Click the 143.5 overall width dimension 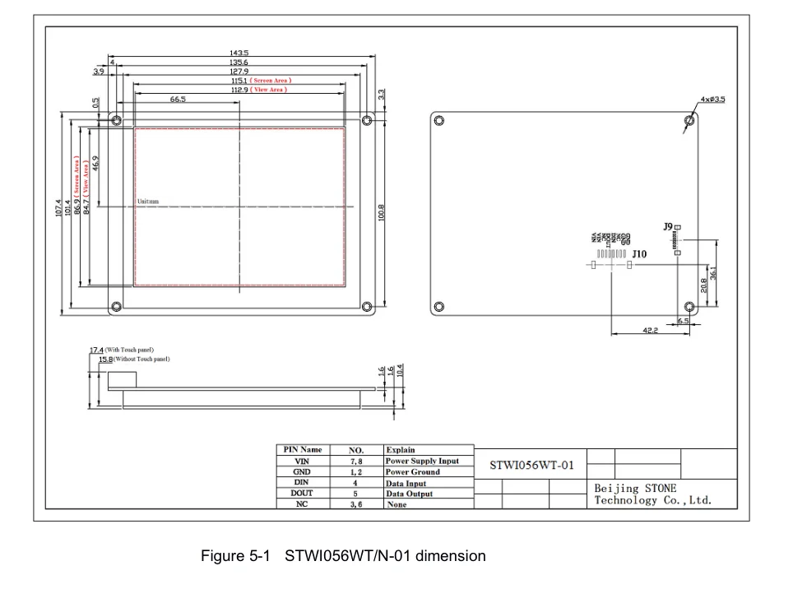click(239, 53)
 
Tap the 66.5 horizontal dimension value click(178, 99)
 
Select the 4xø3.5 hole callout click(712, 100)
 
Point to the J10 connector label click(639, 254)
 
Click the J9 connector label click(667, 226)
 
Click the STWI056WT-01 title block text click(531, 465)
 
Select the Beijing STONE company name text click(635, 488)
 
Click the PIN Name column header click(303, 450)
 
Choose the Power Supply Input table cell click(422, 461)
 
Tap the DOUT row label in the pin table click(302, 494)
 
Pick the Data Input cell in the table click(406, 484)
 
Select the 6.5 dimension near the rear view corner click(683, 321)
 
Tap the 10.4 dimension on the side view click(401, 372)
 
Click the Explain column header click(401, 450)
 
